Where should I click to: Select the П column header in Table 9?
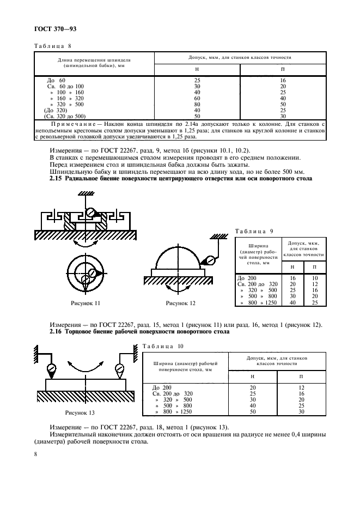point(314,267)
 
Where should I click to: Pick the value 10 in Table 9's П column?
point(314,278)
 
